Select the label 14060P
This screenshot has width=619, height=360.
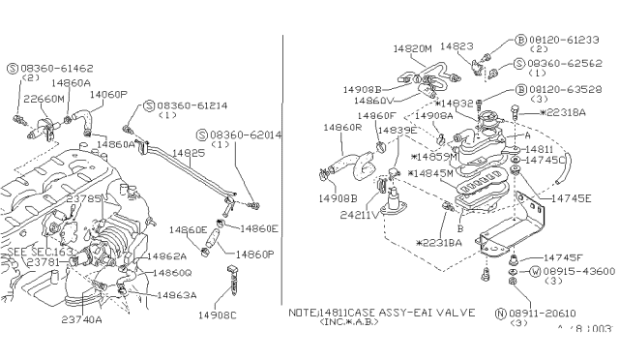(108, 94)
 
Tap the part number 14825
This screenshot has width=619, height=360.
(189, 153)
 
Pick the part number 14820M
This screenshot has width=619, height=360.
(413, 46)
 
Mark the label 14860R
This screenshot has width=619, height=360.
(342, 127)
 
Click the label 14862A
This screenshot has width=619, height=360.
(165, 256)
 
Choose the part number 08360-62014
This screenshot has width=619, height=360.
(245, 135)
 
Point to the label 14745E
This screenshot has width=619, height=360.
(571, 197)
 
